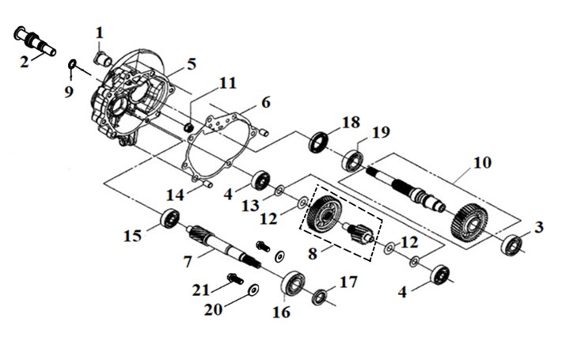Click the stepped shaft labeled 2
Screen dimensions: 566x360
click(35, 41)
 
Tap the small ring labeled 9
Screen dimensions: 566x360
click(72, 64)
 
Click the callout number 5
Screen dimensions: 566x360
click(192, 64)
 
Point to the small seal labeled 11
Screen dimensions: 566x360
click(189, 127)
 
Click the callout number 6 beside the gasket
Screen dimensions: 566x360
click(266, 102)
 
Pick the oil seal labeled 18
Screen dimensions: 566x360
click(319, 142)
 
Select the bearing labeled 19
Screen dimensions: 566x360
click(353, 160)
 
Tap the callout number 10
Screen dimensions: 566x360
click(482, 163)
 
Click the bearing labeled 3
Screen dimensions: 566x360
click(512, 245)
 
